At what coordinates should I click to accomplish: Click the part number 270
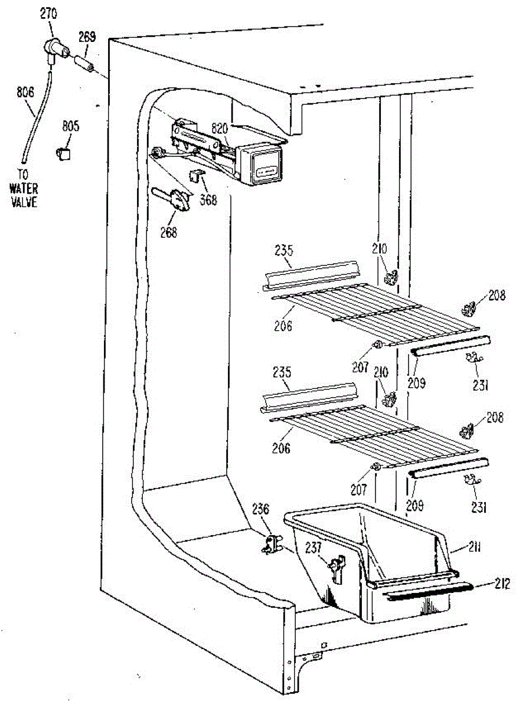click(49, 14)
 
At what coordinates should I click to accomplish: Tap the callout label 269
click(87, 37)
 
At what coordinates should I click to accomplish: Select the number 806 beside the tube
click(25, 92)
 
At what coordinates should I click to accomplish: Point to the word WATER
click(24, 189)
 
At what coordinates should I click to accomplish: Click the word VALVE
click(24, 202)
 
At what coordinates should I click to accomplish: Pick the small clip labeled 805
click(63, 153)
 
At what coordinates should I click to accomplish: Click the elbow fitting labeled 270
click(55, 51)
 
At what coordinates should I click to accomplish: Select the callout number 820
click(220, 129)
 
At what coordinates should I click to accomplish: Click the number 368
click(208, 200)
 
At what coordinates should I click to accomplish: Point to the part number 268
click(169, 232)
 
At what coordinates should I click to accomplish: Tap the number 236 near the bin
click(260, 509)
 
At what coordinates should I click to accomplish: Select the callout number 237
click(313, 548)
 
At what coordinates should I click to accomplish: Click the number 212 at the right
click(502, 584)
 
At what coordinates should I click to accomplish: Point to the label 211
click(474, 547)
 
